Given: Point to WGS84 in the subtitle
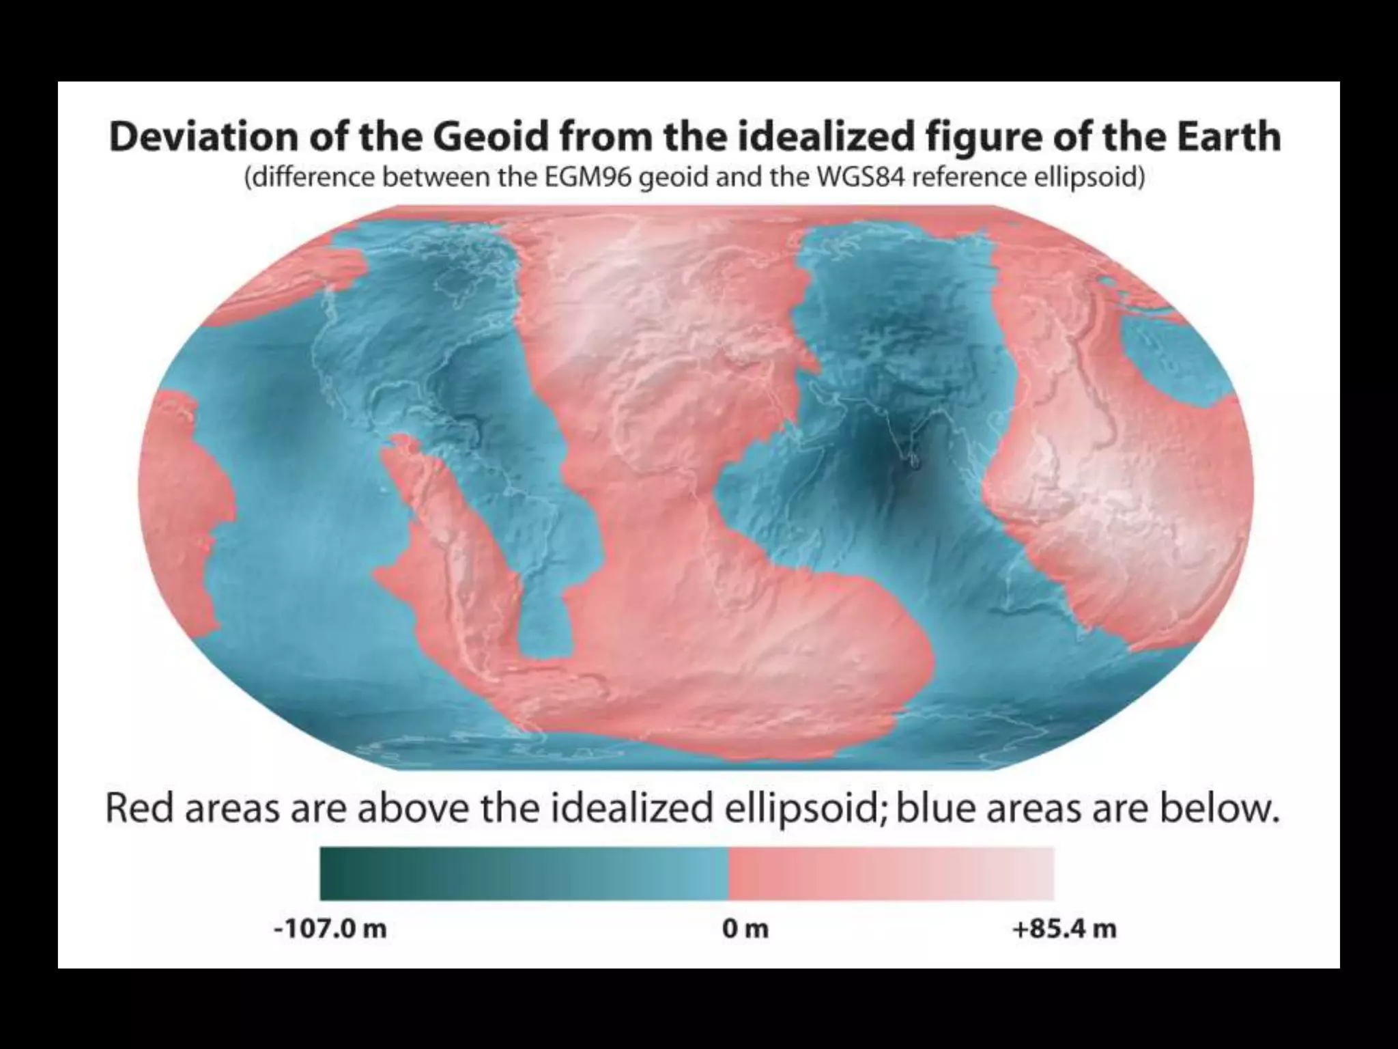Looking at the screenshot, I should [x=863, y=178].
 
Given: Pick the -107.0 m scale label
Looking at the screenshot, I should [x=330, y=929].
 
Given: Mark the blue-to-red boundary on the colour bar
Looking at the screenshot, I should [x=729, y=873].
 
